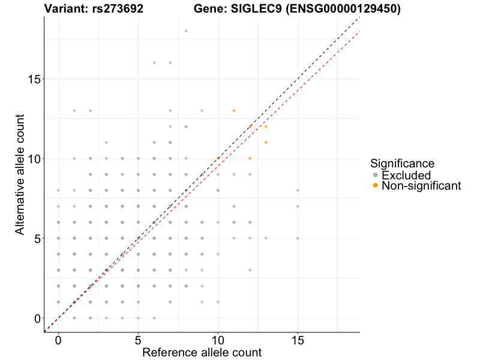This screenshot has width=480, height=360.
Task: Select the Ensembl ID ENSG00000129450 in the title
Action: pyautogui.click(x=342, y=9)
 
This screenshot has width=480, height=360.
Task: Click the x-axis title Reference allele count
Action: pyautogui.click(x=202, y=352)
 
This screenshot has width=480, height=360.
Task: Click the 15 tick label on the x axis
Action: pyautogui.click(x=298, y=340)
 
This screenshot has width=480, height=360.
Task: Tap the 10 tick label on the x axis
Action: pyautogui.click(x=218, y=340)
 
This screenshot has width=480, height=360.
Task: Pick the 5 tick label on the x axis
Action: pyautogui.click(x=138, y=340)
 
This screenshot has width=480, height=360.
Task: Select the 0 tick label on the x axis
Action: pyautogui.click(x=58, y=340)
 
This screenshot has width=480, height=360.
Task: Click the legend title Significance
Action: pyautogui.click(x=403, y=163)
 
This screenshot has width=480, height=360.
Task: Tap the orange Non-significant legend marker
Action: pyautogui.click(x=376, y=185)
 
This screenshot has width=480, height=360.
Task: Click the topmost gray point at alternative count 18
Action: pyautogui.click(x=186, y=31)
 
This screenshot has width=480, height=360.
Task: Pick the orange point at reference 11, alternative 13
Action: pyautogui.click(x=234, y=110)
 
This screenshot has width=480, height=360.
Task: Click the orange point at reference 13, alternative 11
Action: pyautogui.click(x=266, y=142)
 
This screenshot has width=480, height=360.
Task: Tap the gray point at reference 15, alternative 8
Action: pyautogui.click(x=298, y=190)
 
